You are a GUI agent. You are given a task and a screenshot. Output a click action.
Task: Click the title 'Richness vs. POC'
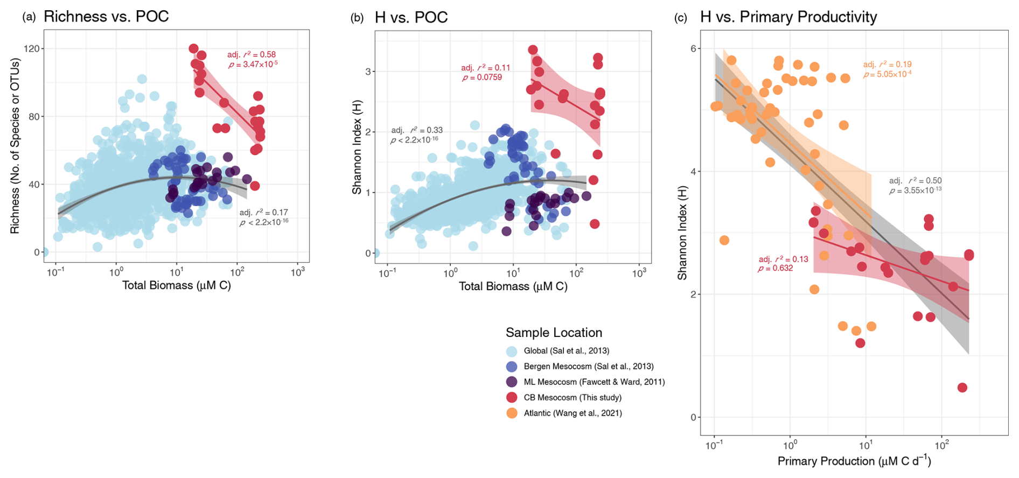(x=106, y=16)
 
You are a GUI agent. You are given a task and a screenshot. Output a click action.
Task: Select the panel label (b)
(x=357, y=18)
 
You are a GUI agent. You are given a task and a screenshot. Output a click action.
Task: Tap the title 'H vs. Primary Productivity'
(x=788, y=17)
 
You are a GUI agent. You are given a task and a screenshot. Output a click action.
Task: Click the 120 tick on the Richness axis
(x=32, y=48)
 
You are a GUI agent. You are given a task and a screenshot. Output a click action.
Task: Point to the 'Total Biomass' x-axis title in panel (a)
(x=176, y=285)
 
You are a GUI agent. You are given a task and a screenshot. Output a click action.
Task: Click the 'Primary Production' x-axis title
(x=854, y=461)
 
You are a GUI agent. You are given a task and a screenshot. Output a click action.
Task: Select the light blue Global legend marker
(x=512, y=351)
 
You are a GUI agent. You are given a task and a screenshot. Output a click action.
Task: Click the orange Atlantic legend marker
(x=512, y=413)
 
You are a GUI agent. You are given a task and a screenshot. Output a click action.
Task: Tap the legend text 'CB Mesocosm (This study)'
(x=573, y=397)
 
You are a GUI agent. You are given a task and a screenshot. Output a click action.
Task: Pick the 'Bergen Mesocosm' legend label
(x=589, y=366)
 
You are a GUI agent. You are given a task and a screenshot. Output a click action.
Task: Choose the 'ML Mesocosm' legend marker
(x=512, y=382)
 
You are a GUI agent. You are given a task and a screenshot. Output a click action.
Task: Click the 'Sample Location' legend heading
(x=554, y=333)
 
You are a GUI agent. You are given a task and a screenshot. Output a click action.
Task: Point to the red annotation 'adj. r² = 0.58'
(x=251, y=54)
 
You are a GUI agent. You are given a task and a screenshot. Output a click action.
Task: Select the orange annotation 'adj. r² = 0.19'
(x=887, y=64)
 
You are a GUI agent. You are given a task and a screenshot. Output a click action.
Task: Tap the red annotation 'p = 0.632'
(x=776, y=268)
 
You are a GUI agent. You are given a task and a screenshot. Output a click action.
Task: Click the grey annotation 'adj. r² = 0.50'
(x=915, y=180)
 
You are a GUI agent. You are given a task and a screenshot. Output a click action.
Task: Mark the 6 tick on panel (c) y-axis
(x=694, y=48)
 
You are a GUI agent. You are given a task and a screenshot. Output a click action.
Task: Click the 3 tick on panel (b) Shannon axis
(x=368, y=71)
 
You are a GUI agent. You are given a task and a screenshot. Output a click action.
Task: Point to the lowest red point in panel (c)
(x=962, y=388)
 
